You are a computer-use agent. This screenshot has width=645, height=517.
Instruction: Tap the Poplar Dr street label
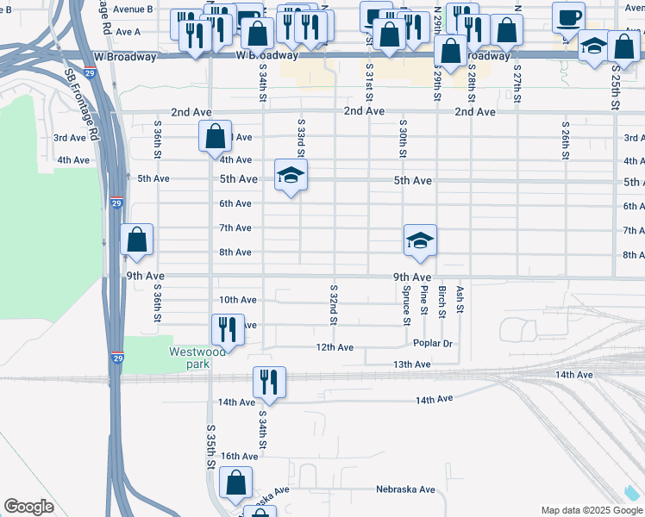(x=435, y=343)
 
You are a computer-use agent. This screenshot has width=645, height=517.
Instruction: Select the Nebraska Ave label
(x=405, y=489)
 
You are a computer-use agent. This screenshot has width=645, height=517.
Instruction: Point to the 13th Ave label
(x=411, y=364)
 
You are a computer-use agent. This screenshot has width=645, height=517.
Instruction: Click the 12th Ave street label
(x=335, y=347)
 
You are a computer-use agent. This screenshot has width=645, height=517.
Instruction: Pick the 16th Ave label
(x=239, y=456)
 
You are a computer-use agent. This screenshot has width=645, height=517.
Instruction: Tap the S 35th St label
(x=210, y=445)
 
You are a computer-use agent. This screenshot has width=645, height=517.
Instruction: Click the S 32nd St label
(x=333, y=303)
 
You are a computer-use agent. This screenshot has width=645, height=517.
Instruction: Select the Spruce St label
(x=405, y=306)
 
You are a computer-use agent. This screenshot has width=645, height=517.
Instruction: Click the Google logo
(x=28, y=507)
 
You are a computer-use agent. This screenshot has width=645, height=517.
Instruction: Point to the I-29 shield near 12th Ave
(x=116, y=356)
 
